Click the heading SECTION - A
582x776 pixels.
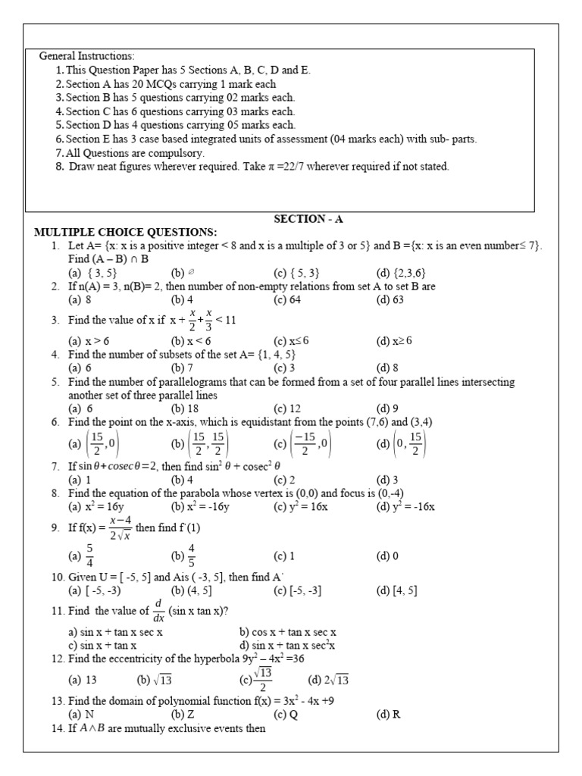point(308,219)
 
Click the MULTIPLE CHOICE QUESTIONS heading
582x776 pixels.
point(126,232)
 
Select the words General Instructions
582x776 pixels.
point(87,56)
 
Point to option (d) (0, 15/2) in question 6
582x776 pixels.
point(402,443)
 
